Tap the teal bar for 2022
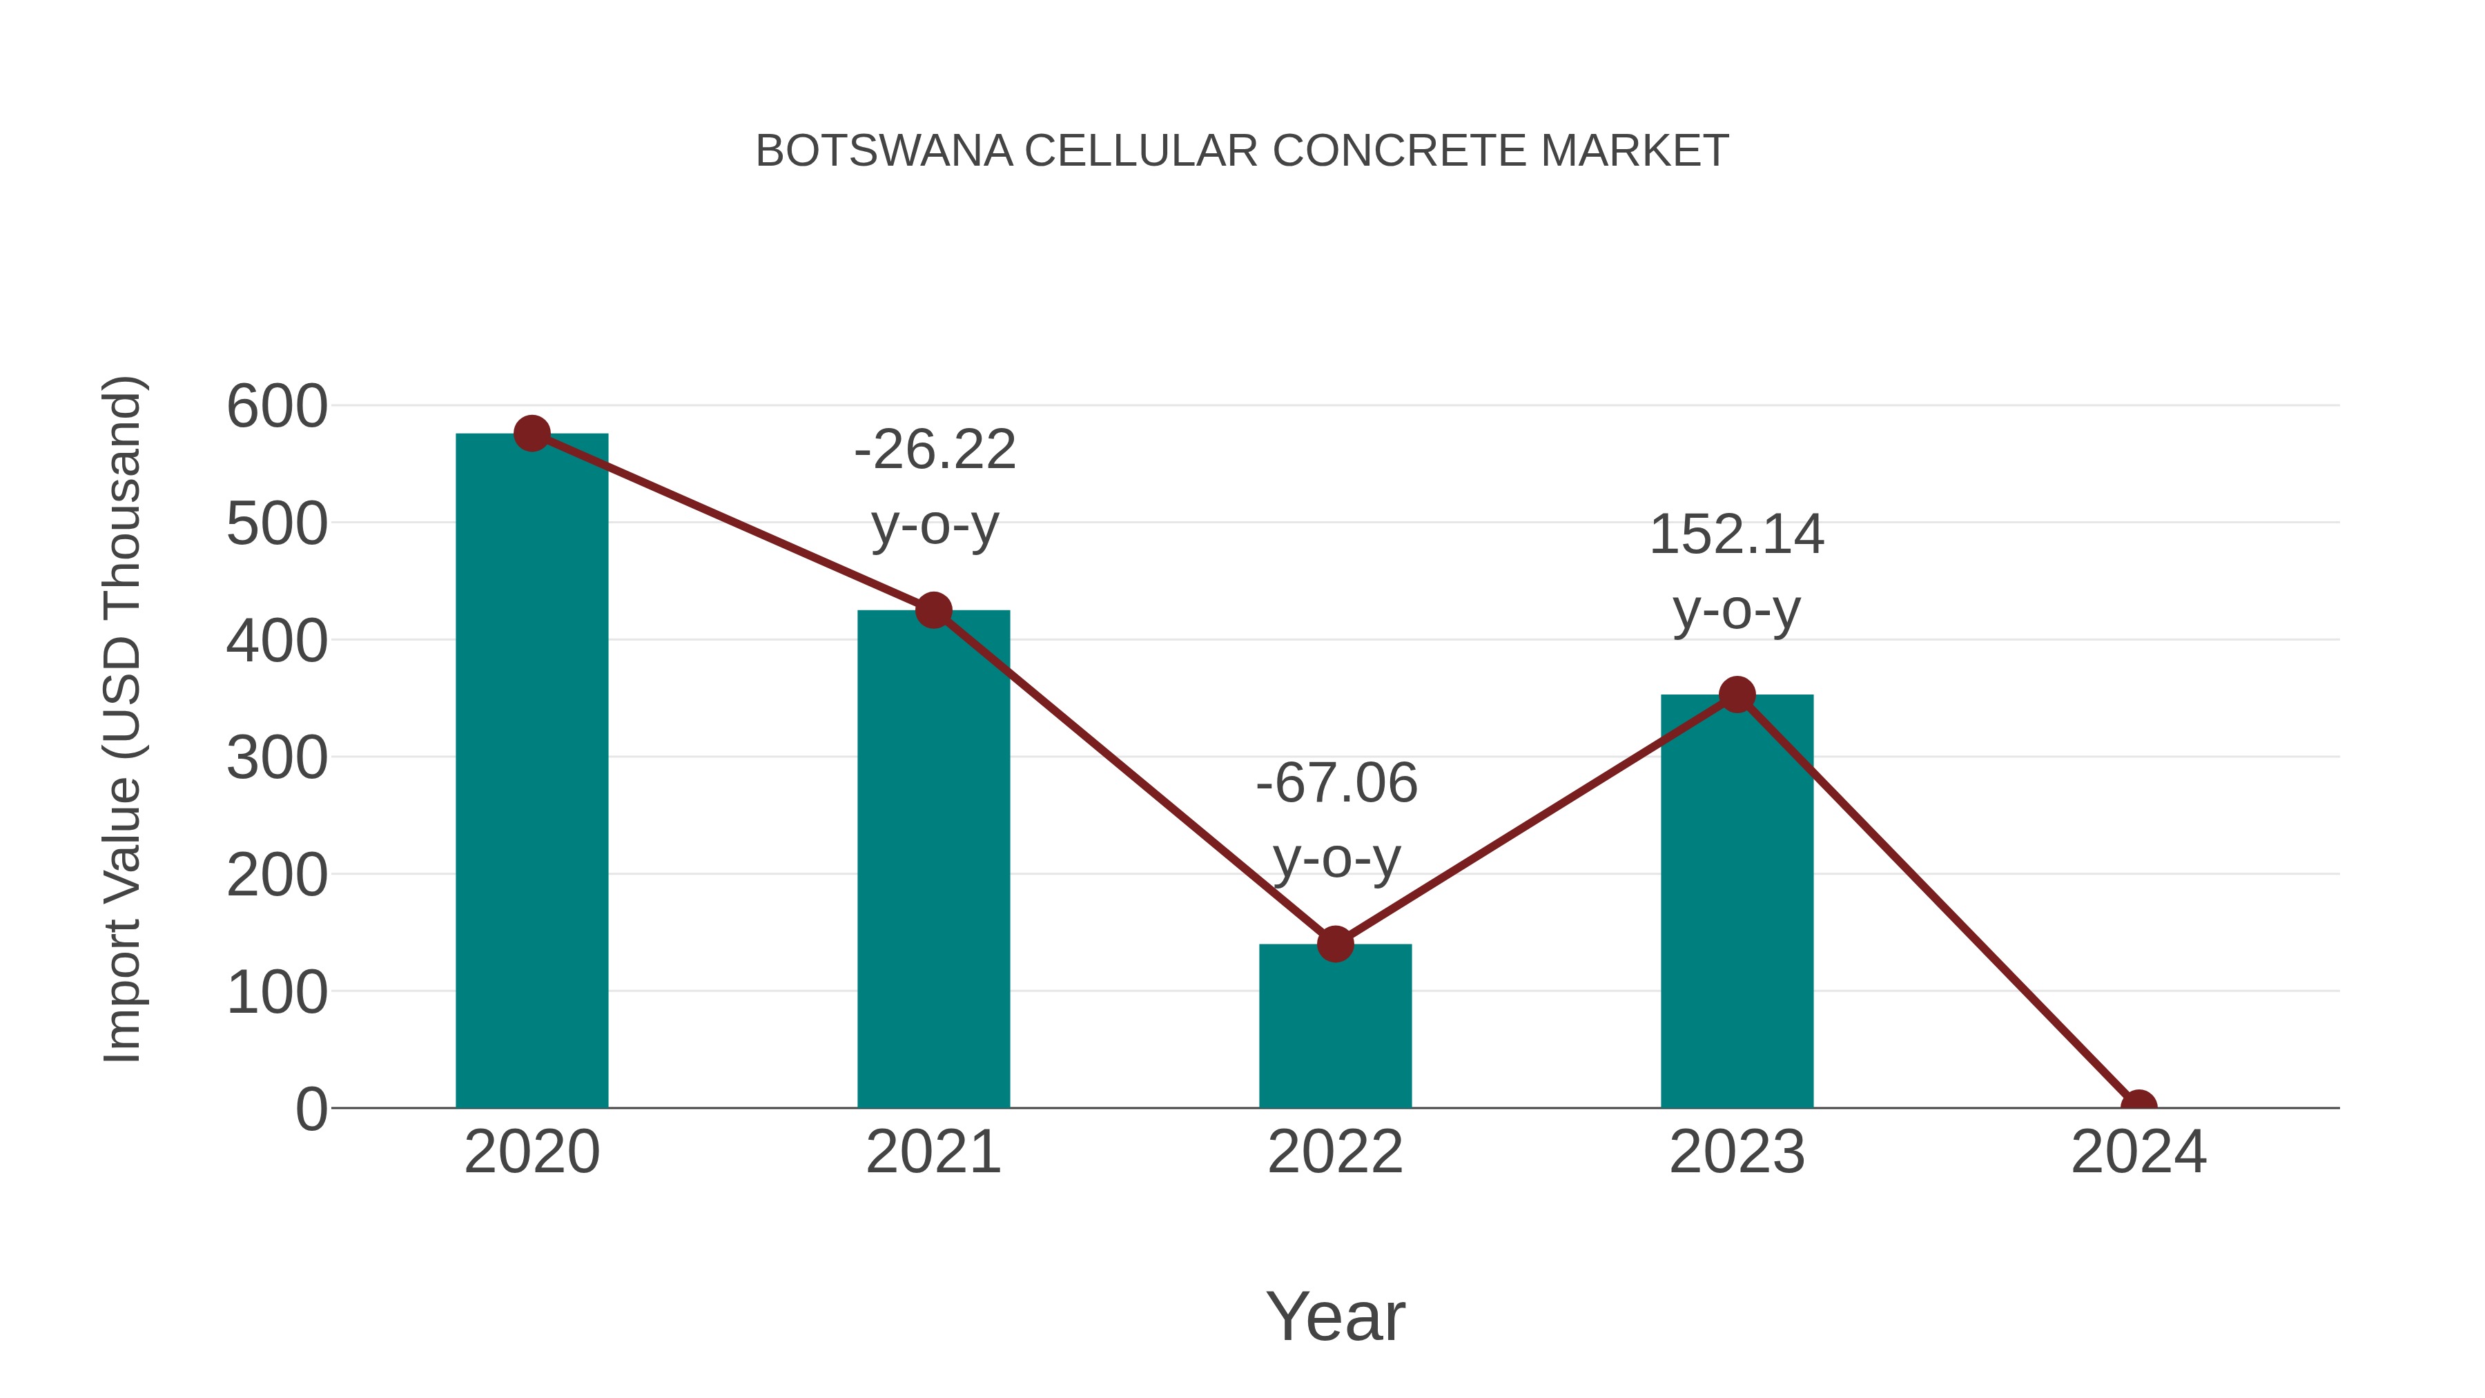pyautogui.click(x=1335, y=1027)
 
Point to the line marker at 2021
pyautogui.click(x=933, y=610)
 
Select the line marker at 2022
pyautogui.click(x=1335, y=944)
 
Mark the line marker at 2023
pyautogui.click(x=1737, y=695)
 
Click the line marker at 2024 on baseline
pyautogui.click(x=2138, y=1106)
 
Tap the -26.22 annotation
pyautogui.click(x=935, y=451)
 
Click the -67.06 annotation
pyautogui.click(x=1336, y=784)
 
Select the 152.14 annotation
pyautogui.click(x=1737, y=536)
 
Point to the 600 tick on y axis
pyautogui.click(x=277, y=406)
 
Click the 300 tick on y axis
pyautogui.click(x=277, y=758)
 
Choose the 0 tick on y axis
pyautogui.click(x=311, y=1109)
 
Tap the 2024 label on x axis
pyautogui.click(x=2138, y=1152)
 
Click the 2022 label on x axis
pyautogui.click(x=1335, y=1152)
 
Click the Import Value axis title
pyautogui.click(x=124, y=719)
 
